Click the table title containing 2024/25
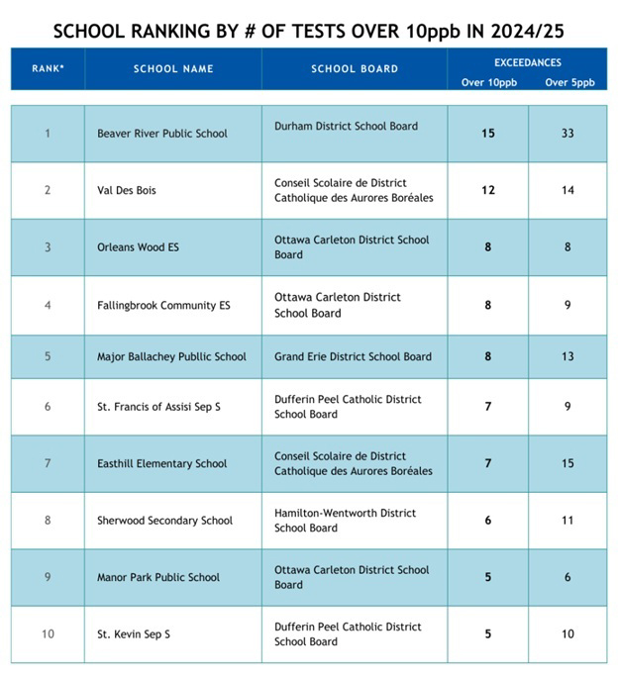click(308, 30)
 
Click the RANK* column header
click(48, 69)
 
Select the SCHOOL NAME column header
click(172, 69)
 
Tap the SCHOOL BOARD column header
click(354, 69)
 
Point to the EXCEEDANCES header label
click(528, 61)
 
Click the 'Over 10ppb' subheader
click(487, 82)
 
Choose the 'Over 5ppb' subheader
click(568, 82)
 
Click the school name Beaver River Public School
click(162, 134)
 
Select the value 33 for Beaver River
click(567, 134)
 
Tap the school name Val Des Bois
click(127, 190)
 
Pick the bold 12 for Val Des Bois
click(488, 190)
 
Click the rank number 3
click(48, 247)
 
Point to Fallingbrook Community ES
click(163, 306)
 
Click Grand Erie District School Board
click(353, 356)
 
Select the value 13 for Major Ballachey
click(567, 356)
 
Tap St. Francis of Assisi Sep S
click(158, 407)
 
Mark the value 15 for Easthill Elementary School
click(567, 463)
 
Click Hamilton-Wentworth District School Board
click(345, 521)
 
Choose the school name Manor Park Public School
click(158, 577)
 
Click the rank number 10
click(48, 633)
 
